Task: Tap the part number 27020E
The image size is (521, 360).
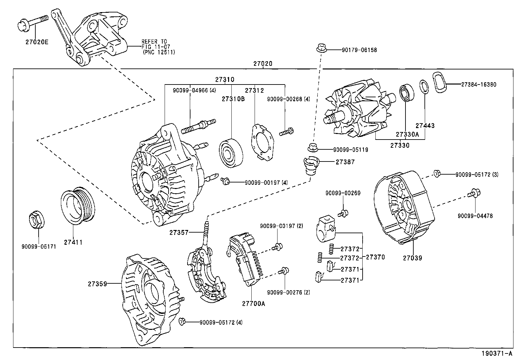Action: pyautogui.click(x=37, y=42)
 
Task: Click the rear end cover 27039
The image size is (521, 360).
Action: pyautogui.click(x=404, y=210)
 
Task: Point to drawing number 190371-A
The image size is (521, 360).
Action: pyautogui.click(x=496, y=353)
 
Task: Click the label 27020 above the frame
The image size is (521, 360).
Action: pyautogui.click(x=262, y=64)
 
